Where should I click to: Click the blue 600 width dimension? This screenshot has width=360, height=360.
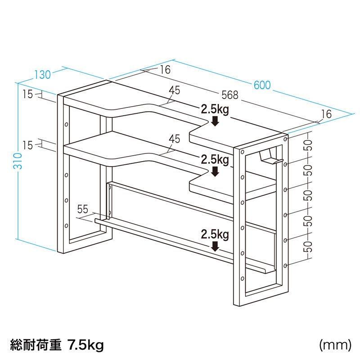(x=262, y=85)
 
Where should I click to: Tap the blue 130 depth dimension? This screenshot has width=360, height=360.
(x=42, y=75)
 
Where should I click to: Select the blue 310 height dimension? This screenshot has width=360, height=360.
(x=18, y=161)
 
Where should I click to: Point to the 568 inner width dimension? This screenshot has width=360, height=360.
(x=230, y=95)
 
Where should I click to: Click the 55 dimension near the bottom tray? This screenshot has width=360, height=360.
(x=83, y=209)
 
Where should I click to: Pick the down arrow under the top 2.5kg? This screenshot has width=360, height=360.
(x=215, y=121)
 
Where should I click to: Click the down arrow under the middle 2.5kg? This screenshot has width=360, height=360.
(x=215, y=171)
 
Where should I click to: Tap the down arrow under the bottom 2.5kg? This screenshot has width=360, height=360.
(x=215, y=246)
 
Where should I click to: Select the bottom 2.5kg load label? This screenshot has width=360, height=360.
(x=215, y=234)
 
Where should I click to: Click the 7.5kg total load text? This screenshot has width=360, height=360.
(x=85, y=345)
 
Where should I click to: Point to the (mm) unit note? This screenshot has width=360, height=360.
(x=335, y=345)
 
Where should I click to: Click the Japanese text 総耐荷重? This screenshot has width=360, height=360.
(x=36, y=345)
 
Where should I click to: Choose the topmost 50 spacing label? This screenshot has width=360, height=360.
(x=309, y=145)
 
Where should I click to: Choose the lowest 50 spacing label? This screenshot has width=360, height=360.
(x=309, y=247)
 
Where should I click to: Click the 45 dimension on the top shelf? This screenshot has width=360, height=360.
(x=175, y=90)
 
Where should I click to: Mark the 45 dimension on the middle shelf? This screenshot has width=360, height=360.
(x=175, y=139)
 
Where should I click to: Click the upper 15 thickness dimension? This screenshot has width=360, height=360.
(x=28, y=94)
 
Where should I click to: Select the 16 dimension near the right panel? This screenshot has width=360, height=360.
(x=327, y=114)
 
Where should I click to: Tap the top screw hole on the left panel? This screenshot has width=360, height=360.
(x=66, y=125)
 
